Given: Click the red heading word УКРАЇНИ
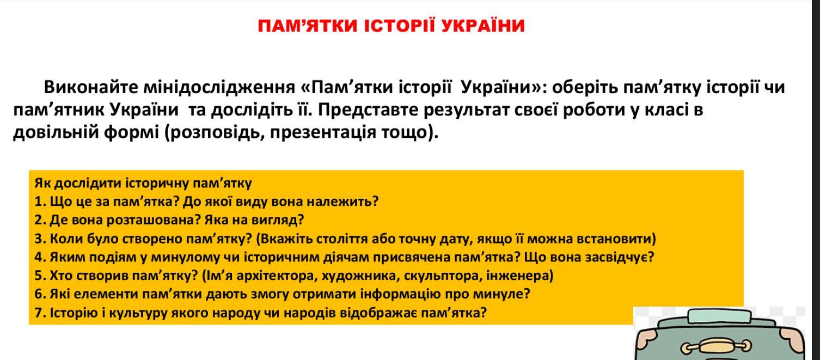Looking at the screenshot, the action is pos(483,26).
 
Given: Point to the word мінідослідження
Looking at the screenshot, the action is pos(219,88).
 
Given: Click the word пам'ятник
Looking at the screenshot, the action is pos(59,110).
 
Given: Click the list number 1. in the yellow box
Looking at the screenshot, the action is pos(40,202).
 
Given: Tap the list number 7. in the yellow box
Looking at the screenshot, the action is pos(40,313).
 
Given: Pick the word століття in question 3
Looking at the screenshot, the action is pos(342,239).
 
